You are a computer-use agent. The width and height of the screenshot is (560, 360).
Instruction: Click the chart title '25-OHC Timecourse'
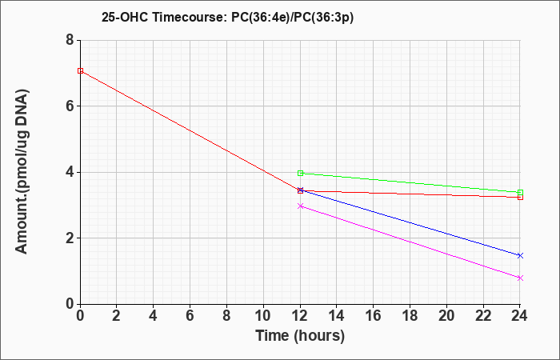tap(163, 17)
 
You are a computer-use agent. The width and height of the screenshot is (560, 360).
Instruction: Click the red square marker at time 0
tap(80, 70)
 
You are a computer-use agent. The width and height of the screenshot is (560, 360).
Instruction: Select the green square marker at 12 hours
tap(300, 174)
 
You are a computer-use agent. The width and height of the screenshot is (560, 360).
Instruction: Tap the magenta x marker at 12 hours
tap(300, 206)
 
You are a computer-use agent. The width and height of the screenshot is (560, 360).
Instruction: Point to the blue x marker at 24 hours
tap(520, 255)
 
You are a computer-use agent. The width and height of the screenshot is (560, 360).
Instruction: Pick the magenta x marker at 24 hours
tap(520, 278)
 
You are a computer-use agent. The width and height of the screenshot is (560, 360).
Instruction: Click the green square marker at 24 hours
tap(520, 193)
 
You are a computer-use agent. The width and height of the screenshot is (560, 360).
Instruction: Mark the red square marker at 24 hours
tap(520, 197)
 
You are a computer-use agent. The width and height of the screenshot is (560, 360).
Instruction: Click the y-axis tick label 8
tap(70, 40)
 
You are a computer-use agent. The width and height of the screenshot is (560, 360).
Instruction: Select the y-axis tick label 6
tap(70, 106)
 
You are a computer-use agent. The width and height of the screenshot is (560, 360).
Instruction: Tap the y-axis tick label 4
tap(70, 172)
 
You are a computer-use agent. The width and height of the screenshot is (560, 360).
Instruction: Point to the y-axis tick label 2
tap(70, 238)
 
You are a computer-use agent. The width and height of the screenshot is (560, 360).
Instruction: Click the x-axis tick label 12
tap(300, 316)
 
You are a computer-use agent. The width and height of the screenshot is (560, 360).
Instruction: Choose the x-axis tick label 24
tap(519, 316)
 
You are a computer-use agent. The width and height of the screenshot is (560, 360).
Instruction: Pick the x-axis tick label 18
tap(410, 316)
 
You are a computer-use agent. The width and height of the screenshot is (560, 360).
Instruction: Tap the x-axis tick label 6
tap(190, 316)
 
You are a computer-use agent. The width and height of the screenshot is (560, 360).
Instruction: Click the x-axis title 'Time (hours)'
tap(300, 336)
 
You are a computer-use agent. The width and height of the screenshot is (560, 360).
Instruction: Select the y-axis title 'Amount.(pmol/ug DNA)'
tap(22, 171)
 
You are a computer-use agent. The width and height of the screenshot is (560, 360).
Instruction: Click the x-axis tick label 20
tap(446, 316)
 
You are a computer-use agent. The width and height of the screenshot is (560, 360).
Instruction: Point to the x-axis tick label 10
tap(263, 316)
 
